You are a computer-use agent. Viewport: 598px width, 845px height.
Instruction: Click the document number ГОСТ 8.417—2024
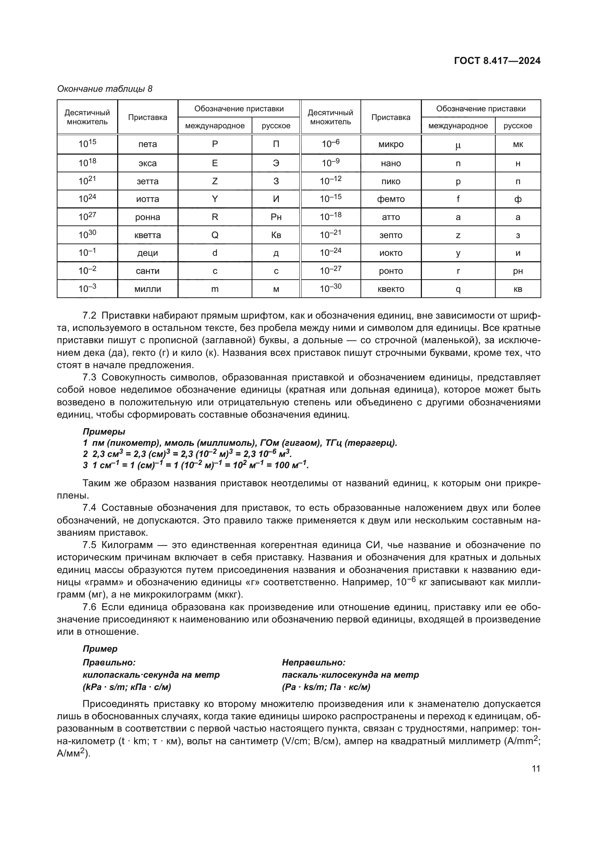(x=497, y=61)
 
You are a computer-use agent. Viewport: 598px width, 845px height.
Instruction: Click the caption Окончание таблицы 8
(x=104, y=89)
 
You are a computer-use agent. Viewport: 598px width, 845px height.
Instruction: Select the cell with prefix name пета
(x=147, y=144)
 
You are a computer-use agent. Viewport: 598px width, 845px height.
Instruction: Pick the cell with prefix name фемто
(x=391, y=199)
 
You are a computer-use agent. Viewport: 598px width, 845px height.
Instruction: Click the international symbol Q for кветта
(x=215, y=235)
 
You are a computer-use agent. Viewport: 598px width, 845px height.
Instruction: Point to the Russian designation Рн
(x=276, y=217)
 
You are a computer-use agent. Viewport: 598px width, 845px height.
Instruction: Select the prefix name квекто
(x=391, y=289)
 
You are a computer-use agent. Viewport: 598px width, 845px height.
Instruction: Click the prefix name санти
(x=147, y=271)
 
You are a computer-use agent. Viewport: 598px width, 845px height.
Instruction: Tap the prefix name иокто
(x=391, y=253)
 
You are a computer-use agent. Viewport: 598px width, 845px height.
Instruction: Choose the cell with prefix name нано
(x=391, y=163)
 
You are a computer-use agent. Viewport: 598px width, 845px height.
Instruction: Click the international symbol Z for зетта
(x=215, y=181)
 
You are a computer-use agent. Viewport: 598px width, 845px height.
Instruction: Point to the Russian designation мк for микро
(x=518, y=144)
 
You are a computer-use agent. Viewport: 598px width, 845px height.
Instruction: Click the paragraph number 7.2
(x=89, y=316)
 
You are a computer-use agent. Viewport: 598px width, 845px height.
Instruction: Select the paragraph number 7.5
(x=89, y=545)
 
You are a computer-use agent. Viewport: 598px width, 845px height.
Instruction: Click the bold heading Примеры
(x=104, y=431)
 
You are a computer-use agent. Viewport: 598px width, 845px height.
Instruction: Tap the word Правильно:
(x=109, y=663)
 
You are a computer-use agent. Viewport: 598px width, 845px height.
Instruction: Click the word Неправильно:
(x=314, y=663)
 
